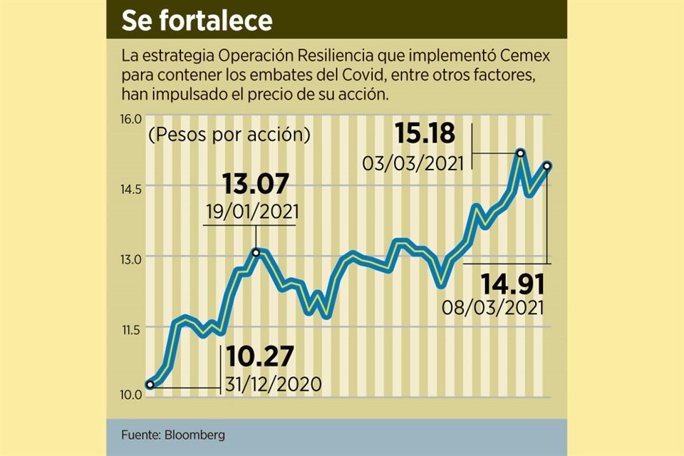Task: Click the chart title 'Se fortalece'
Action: [197, 21]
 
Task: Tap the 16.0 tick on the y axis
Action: [133, 118]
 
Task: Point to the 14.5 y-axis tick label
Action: [133, 188]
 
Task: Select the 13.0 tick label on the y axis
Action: [133, 258]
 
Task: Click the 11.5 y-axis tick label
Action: [133, 328]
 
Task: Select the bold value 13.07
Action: [255, 185]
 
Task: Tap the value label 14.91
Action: [512, 284]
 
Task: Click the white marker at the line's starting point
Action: [150, 385]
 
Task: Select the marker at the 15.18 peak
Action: [521, 152]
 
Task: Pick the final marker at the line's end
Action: [547, 166]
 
